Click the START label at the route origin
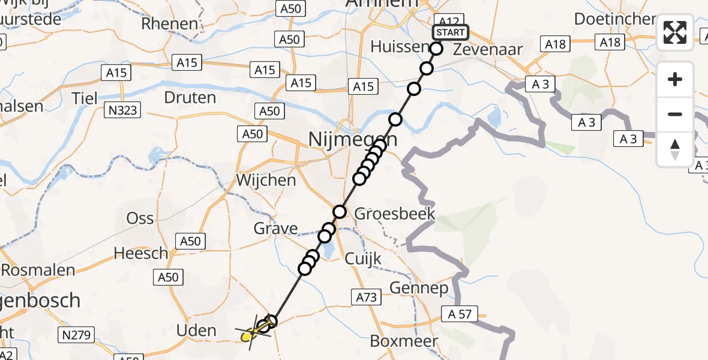[x=450, y=32]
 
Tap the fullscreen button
[x=675, y=32]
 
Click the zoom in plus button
[x=675, y=79]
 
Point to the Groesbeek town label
[x=395, y=214]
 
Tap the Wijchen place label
[x=266, y=180]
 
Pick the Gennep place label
[x=419, y=288]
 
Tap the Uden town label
[x=196, y=331]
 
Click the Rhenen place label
[x=170, y=24]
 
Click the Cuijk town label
[x=363, y=258]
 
